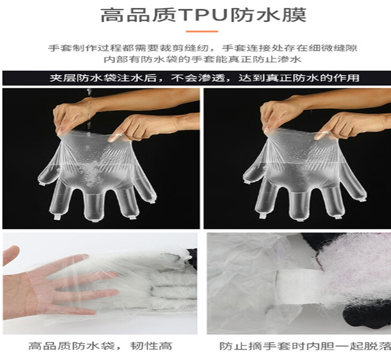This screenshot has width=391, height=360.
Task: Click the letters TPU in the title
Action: [x=204, y=15]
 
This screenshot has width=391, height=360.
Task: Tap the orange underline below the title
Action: [x=202, y=32]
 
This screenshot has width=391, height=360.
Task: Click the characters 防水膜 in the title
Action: [x=268, y=15]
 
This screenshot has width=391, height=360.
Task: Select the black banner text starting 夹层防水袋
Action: [x=204, y=78]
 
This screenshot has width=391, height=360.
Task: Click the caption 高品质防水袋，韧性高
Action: [x=100, y=346]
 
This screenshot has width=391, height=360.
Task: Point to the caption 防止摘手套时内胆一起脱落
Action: [x=305, y=346]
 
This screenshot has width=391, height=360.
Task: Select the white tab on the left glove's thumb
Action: [x=42, y=184]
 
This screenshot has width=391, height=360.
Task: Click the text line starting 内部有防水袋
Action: [x=202, y=60]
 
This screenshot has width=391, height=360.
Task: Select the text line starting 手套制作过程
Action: [x=202, y=48]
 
